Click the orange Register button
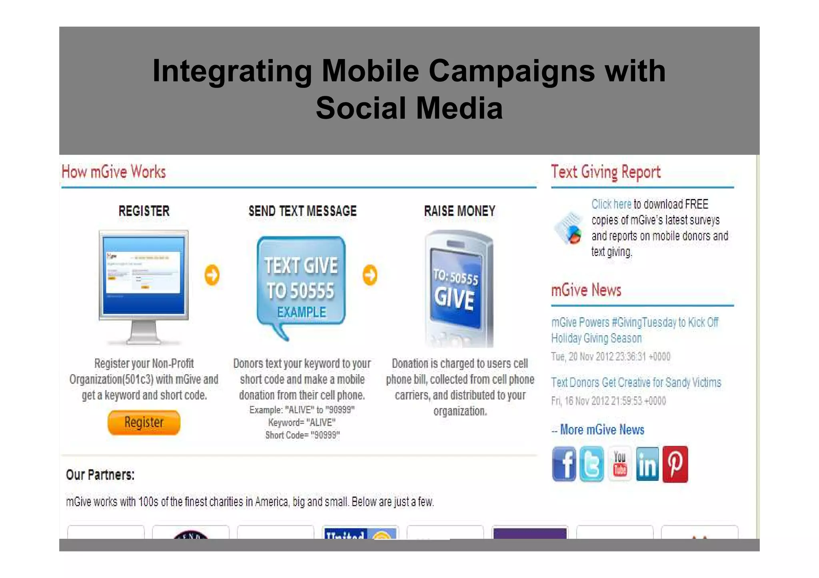click(144, 422)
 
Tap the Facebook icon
click(564, 464)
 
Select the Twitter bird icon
click(591, 464)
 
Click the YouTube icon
click(619, 464)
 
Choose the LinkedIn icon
click(647, 464)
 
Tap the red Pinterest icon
click(675, 464)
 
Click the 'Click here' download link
click(611, 204)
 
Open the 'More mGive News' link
click(602, 430)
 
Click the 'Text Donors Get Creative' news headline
click(636, 383)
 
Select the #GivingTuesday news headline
click(635, 330)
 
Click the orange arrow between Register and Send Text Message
click(212, 275)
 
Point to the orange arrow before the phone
click(370, 275)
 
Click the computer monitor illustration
click(144, 280)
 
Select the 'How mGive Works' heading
click(114, 172)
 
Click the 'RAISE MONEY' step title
click(459, 211)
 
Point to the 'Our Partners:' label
click(100, 475)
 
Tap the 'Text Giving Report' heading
click(605, 172)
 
